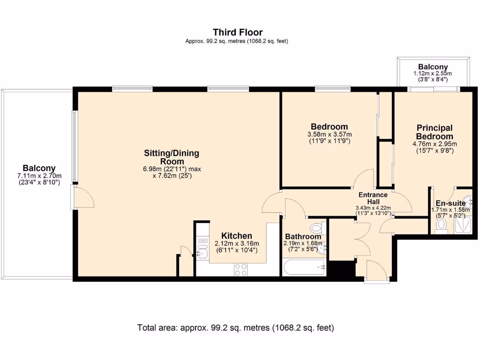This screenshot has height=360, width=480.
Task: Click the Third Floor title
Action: [238, 32]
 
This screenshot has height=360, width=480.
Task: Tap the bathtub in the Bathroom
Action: [304, 267]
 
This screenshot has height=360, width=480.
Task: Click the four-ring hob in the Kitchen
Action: [240, 270]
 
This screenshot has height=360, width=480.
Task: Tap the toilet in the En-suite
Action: [441, 226]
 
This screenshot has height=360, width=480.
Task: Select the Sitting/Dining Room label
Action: [172, 157]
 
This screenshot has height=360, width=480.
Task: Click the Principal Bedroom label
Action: [435, 132]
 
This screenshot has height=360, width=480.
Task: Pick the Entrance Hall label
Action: [373, 198]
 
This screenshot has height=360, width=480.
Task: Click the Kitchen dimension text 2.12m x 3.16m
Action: [237, 244]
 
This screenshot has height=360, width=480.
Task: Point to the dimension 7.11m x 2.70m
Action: [39, 176]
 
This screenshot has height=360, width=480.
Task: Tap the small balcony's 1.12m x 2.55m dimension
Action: [433, 74]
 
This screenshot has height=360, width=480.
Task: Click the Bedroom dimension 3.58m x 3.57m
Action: [330, 135]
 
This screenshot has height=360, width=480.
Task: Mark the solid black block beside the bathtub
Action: [341, 270]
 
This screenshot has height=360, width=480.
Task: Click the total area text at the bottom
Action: [235, 328]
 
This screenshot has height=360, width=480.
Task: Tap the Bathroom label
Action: [303, 237]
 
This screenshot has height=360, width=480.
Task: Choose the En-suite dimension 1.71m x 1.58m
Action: [450, 210]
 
